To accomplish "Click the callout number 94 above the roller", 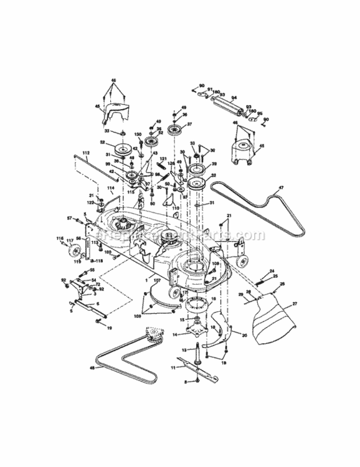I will coord(234,98).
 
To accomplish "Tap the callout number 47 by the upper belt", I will coord(282,188).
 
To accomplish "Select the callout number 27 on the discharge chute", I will coord(295,303).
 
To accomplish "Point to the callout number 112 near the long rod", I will coord(85,153).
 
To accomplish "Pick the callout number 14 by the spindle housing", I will coord(175,335).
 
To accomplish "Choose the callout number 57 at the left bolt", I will coord(69,217).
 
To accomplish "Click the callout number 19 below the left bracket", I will coord(110,326).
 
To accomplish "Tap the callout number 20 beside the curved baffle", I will coord(244,335).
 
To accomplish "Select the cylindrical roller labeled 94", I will coord(232,109).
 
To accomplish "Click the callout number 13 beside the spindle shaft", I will coord(185,351).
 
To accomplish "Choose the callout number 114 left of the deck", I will coord(110,187).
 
